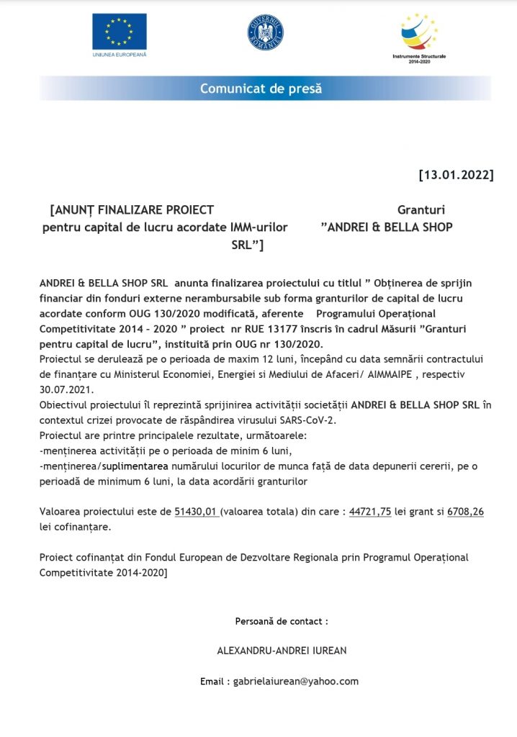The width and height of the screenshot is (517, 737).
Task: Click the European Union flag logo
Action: click(119, 31)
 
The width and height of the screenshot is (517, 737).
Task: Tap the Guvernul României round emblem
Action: click(266, 32)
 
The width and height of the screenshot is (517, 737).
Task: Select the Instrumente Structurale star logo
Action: click(419, 32)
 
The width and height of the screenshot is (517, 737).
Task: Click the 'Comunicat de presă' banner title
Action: click(261, 89)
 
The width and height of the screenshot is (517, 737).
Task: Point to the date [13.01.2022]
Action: click(456, 175)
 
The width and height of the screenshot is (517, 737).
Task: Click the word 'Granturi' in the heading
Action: click(421, 210)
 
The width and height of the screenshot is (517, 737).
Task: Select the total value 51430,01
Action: click(197, 512)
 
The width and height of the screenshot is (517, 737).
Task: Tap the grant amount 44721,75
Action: click(370, 512)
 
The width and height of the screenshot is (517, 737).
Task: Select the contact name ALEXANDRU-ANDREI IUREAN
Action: click(282, 651)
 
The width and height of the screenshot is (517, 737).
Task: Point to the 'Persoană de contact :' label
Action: click(282, 620)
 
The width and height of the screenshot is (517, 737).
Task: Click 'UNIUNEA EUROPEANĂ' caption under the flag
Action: click(120, 55)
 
